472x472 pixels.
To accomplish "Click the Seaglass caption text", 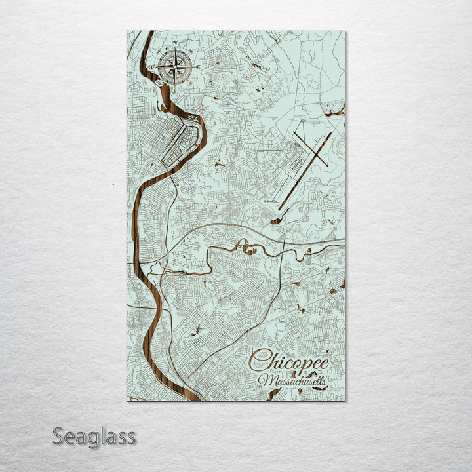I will click(94, 436).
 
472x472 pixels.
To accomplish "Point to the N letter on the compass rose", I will click(174, 44).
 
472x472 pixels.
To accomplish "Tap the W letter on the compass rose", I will click(151, 67).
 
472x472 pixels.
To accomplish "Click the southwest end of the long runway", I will click(279, 209).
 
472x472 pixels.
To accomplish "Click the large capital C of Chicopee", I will click(259, 361).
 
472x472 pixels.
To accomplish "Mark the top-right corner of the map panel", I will click(345, 31).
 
